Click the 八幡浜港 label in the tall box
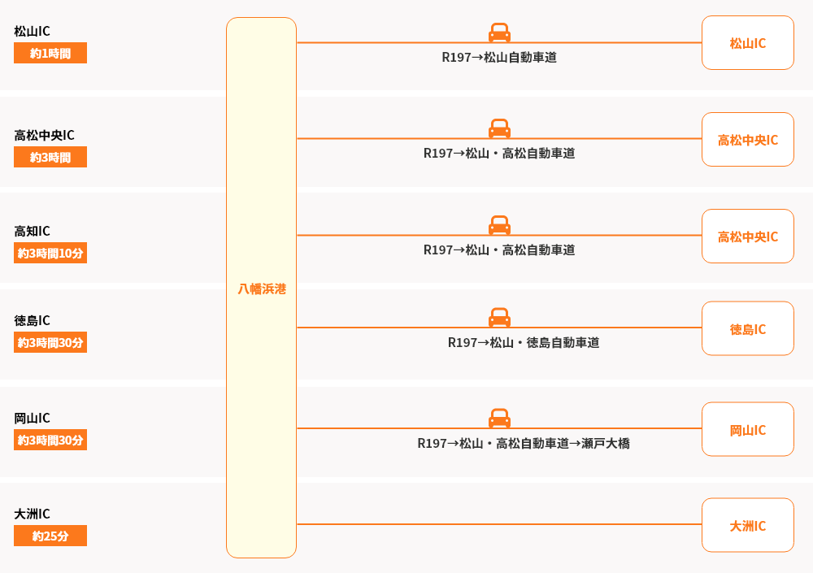pyautogui.click(x=261, y=289)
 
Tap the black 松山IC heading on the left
pyautogui.click(x=32, y=31)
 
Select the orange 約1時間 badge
pyautogui.click(x=50, y=54)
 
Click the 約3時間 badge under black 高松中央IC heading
pyautogui.click(x=50, y=157)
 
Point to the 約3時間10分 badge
pyautogui.click(x=50, y=253)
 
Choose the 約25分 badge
pyautogui.click(x=50, y=536)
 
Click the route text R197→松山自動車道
pyautogui.click(x=499, y=58)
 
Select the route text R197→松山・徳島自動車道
pyautogui.click(x=524, y=343)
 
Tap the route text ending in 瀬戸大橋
pyautogui.click(x=524, y=444)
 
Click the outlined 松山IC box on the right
pyautogui.click(x=747, y=43)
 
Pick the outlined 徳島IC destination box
pyautogui.click(x=747, y=329)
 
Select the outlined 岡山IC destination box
pyautogui.click(x=747, y=430)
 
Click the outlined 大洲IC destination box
pyautogui.click(x=747, y=526)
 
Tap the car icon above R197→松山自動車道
pyautogui.click(x=499, y=33)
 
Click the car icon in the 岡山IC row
pyautogui.click(x=499, y=418)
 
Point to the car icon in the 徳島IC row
pyautogui.click(x=499, y=317)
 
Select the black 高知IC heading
pyautogui.click(x=32, y=231)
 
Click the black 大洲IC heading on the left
pyautogui.click(x=32, y=514)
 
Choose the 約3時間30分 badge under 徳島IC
pyautogui.click(x=50, y=342)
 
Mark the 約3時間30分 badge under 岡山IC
pyautogui.click(x=50, y=440)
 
